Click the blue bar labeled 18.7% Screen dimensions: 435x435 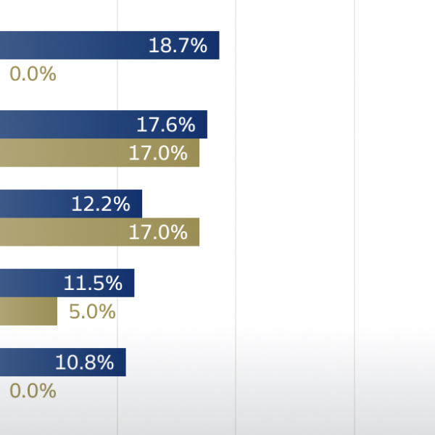click(109, 45)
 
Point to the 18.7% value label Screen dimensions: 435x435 click(178, 46)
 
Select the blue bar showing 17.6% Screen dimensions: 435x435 click(104, 124)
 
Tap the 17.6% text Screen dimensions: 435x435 click(166, 125)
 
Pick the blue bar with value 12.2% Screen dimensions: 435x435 click(71, 204)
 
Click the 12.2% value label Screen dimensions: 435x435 click(101, 204)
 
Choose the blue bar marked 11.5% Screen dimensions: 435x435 click(67, 283)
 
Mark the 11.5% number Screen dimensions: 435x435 click(93, 283)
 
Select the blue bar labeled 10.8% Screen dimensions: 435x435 click(63, 362)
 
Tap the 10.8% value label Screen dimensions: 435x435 click(84, 362)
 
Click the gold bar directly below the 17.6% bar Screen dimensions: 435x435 click(99, 152)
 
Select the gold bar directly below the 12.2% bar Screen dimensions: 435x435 click(99, 232)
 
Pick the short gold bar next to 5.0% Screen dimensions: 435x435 click(28, 311)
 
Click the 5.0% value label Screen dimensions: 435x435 click(92, 312)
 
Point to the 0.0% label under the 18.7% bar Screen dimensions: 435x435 click(33, 74)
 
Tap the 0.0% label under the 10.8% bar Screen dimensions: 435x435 click(33, 391)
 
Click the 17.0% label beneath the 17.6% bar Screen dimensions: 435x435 click(158, 153)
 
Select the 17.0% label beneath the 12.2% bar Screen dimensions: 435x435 click(158, 232)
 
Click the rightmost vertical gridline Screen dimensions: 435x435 click(355, 217)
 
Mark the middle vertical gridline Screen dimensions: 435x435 click(236, 217)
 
